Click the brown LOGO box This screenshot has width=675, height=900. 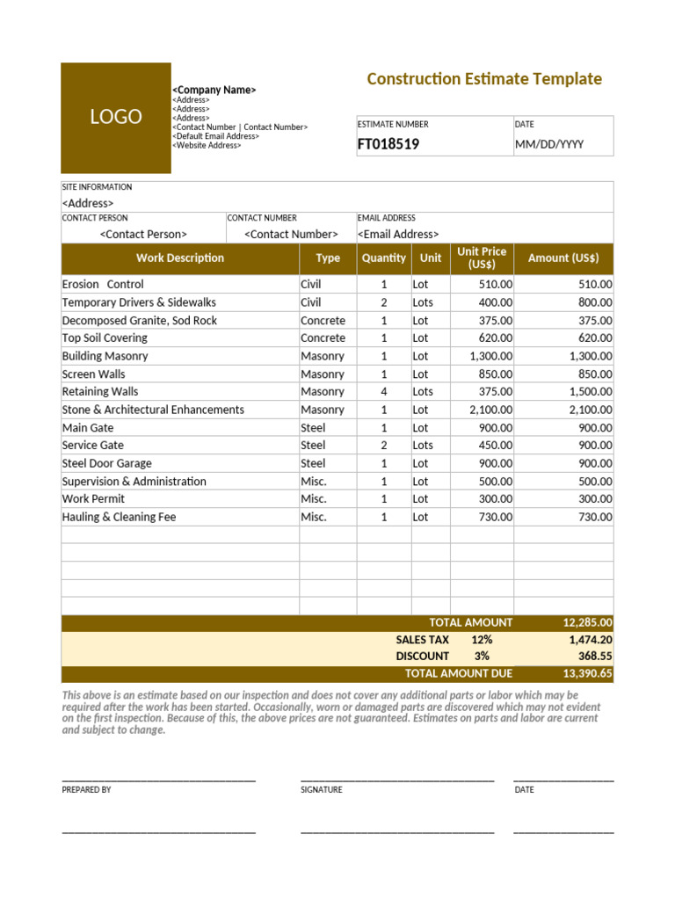pyautogui.click(x=115, y=118)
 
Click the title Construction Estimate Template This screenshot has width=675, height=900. pyautogui.click(x=483, y=79)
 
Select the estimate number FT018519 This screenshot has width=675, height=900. pyautogui.click(x=388, y=144)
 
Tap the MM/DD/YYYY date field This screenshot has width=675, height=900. pyautogui.click(x=548, y=144)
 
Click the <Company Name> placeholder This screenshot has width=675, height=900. pyautogui.click(x=214, y=90)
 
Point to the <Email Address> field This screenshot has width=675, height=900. pyautogui.click(x=397, y=234)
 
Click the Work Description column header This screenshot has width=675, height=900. pyautogui.click(x=180, y=258)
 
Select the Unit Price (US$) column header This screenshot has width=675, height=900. pyautogui.click(x=482, y=258)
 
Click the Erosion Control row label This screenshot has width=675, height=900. pyautogui.click(x=103, y=285)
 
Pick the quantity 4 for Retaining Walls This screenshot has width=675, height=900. pyautogui.click(x=383, y=392)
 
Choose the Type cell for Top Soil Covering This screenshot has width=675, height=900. pyautogui.click(x=323, y=337)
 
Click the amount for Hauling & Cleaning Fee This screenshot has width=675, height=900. pyautogui.click(x=595, y=517)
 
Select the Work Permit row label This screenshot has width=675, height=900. pyautogui.click(x=93, y=499)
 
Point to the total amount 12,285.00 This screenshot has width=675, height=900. pyautogui.click(x=587, y=622)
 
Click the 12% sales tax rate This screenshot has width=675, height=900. pyautogui.click(x=481, y=640)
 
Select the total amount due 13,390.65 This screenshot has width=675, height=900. pyautogui.click(x=587, y=673)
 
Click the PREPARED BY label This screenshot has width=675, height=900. pyautogui.click(x=86, y=790)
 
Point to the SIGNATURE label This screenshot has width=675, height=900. pyautogui.click(x=322, y=790)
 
